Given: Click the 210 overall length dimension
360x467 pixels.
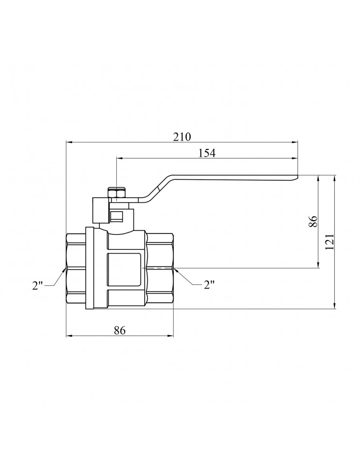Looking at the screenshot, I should tap(182, 137).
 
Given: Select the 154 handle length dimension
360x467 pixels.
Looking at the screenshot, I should tap(207, 153).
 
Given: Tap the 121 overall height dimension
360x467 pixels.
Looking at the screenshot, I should tap(330, 242).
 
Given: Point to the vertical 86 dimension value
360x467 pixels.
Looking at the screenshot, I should tap(313, 221).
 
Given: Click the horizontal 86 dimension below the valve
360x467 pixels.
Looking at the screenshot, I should tap(120, 330).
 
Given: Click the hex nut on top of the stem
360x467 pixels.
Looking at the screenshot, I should tap(117, 193).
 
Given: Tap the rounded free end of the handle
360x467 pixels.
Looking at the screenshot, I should tap(295, 177).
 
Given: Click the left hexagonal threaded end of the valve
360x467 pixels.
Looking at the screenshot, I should tap(76, 268).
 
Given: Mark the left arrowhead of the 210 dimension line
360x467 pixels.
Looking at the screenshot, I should tap(68, 142).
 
